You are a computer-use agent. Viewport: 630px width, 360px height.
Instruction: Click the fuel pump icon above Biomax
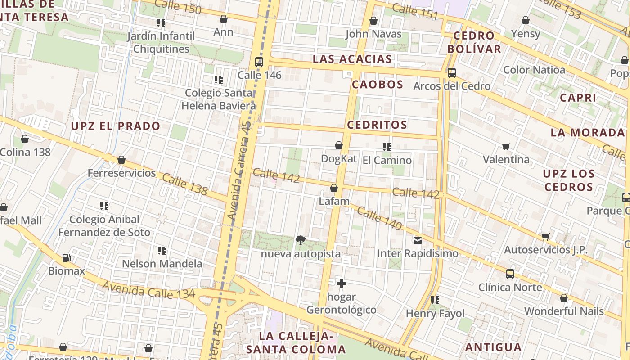(66, 258)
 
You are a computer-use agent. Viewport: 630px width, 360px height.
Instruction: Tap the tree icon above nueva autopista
(301, 240)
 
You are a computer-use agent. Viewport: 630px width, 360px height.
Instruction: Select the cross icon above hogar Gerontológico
(342, 283)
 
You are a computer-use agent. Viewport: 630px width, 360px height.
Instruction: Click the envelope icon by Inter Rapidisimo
(418, 240)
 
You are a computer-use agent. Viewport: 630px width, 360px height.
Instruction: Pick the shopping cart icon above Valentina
(506, 146)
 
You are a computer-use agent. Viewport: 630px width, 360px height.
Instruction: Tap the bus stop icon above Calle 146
(259, 62)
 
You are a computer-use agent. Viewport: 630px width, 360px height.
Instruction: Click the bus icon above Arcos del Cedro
(451, 72)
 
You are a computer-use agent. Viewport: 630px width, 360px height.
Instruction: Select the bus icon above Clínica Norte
(510, 274)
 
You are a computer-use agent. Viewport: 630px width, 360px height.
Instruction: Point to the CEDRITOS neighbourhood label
(377, 125)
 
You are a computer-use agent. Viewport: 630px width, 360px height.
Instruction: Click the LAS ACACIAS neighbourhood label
(352, 59)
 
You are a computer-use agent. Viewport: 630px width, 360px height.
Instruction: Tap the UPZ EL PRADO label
(116, 126)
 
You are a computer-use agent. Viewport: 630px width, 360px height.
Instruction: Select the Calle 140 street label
(379, 219)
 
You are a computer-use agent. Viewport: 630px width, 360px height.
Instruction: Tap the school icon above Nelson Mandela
(162, 250)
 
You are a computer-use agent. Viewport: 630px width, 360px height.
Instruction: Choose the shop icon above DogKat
(339, 145)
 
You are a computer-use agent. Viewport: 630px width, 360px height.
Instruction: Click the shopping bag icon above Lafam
(334, 188)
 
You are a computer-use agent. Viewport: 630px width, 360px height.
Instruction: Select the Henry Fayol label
(435, 313)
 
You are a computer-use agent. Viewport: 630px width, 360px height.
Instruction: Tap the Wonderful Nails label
(564, 311)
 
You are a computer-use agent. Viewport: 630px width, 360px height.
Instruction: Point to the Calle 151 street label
(414, 11)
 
